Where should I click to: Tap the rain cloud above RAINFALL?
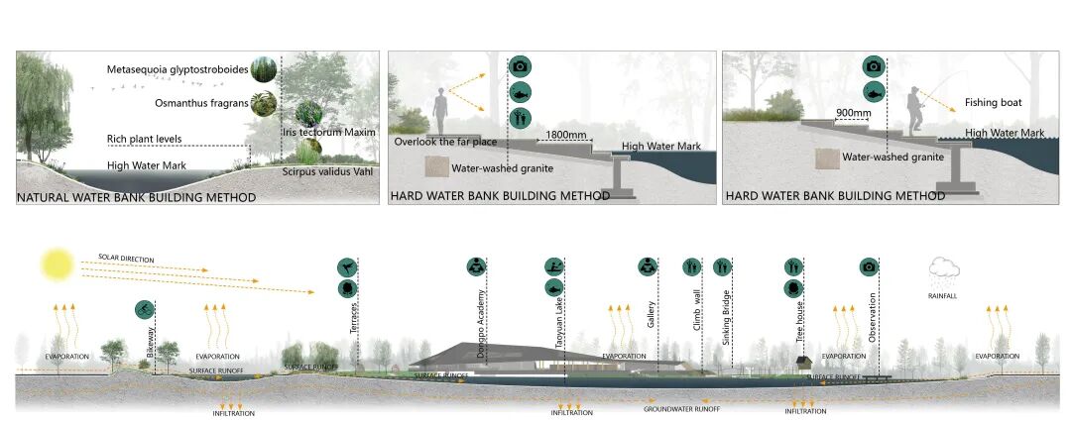point(943,268)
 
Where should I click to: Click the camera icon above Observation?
point(870,267)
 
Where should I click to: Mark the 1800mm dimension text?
point(565,132)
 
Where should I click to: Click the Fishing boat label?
point(993,103)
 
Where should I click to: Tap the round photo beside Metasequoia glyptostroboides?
point(263,69)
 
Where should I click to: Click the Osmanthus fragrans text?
point(199,103)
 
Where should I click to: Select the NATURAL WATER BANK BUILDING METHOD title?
point(136,198)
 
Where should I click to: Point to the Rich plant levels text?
point(145,139)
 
